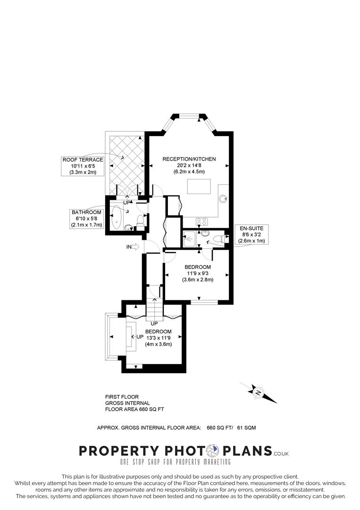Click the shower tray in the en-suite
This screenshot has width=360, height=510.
click(189, 239)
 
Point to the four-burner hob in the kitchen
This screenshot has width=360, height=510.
click(202, 221)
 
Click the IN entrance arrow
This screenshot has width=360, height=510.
click(134, 246)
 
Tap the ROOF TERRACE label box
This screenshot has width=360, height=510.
click(83, 166)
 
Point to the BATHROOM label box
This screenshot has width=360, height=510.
click(86, 219)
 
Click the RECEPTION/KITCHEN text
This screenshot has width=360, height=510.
click(189, 159)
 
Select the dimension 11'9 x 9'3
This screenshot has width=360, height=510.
click(198, 273)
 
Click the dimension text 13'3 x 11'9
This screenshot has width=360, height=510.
click(158, 338)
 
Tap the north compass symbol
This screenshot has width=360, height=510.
click(258, 392)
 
